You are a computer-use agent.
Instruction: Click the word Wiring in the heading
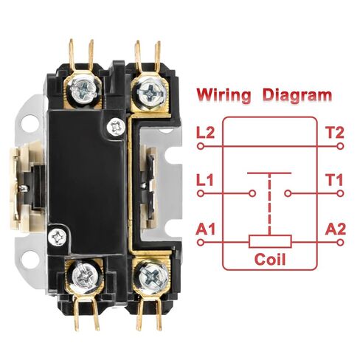pyautogui.click(x=224, y=95)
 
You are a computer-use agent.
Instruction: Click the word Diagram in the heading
pyautogui.click(x=297, y=95)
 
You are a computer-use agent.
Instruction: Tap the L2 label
pyautogui.click(x=206, y=133)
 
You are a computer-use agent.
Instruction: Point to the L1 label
pyautogui.click(x=205, y=180)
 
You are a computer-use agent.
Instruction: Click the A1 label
pyautogui.click(x=206, y=229)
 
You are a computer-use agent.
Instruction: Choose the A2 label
pyautogui.click(x=336, y=229)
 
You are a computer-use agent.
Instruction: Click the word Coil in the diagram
pyautogui.click(x=270, y=259)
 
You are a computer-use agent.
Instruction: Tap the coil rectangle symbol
pyautogui.click(x=270, y=241)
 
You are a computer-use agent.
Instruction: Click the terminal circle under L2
pyautogui.click(x=201, y=147)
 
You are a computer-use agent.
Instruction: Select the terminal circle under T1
pyautogui.click(x=340, y=193)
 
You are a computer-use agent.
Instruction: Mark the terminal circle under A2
pyautogui.click(x=340, y=243)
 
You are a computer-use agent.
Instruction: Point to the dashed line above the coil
pyautogui.click(x=270, y=204)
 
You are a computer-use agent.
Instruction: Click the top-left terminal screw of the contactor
pyautogui.click(x=83, y=89)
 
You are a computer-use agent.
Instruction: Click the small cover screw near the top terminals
pyautogui.click(x=115, y=127)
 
